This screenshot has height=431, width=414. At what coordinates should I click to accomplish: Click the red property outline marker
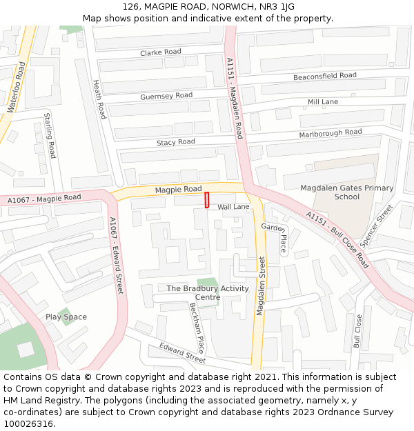coord(206,200)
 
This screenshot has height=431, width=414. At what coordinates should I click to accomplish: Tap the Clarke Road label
coord(160,52)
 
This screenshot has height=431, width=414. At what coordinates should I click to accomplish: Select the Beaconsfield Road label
coord(324,76)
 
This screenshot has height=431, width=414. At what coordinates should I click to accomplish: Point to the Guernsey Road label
coord(166,96)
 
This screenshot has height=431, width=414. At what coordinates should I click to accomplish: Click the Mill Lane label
coord(322,102)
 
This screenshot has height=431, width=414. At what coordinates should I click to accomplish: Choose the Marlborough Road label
coord(330,132)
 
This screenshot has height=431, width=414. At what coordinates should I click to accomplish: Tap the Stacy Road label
coord(176,142)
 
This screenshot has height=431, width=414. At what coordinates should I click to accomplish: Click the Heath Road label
coord(99,99)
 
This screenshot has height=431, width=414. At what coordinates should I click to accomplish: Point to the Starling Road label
coord(50,135)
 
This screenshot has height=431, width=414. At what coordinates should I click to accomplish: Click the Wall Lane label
coord(233,206)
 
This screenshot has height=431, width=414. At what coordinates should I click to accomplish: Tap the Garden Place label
coord(274,237)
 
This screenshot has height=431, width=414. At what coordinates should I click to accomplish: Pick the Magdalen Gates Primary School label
coord(346,192)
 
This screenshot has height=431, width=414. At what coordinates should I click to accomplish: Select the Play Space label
coord(66,317)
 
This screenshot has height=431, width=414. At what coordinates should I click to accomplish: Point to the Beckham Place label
coord(197,328)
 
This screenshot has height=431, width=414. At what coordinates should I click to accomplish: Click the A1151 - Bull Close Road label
coord(337,239)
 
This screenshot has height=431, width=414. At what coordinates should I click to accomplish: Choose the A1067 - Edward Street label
coord(116,255)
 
